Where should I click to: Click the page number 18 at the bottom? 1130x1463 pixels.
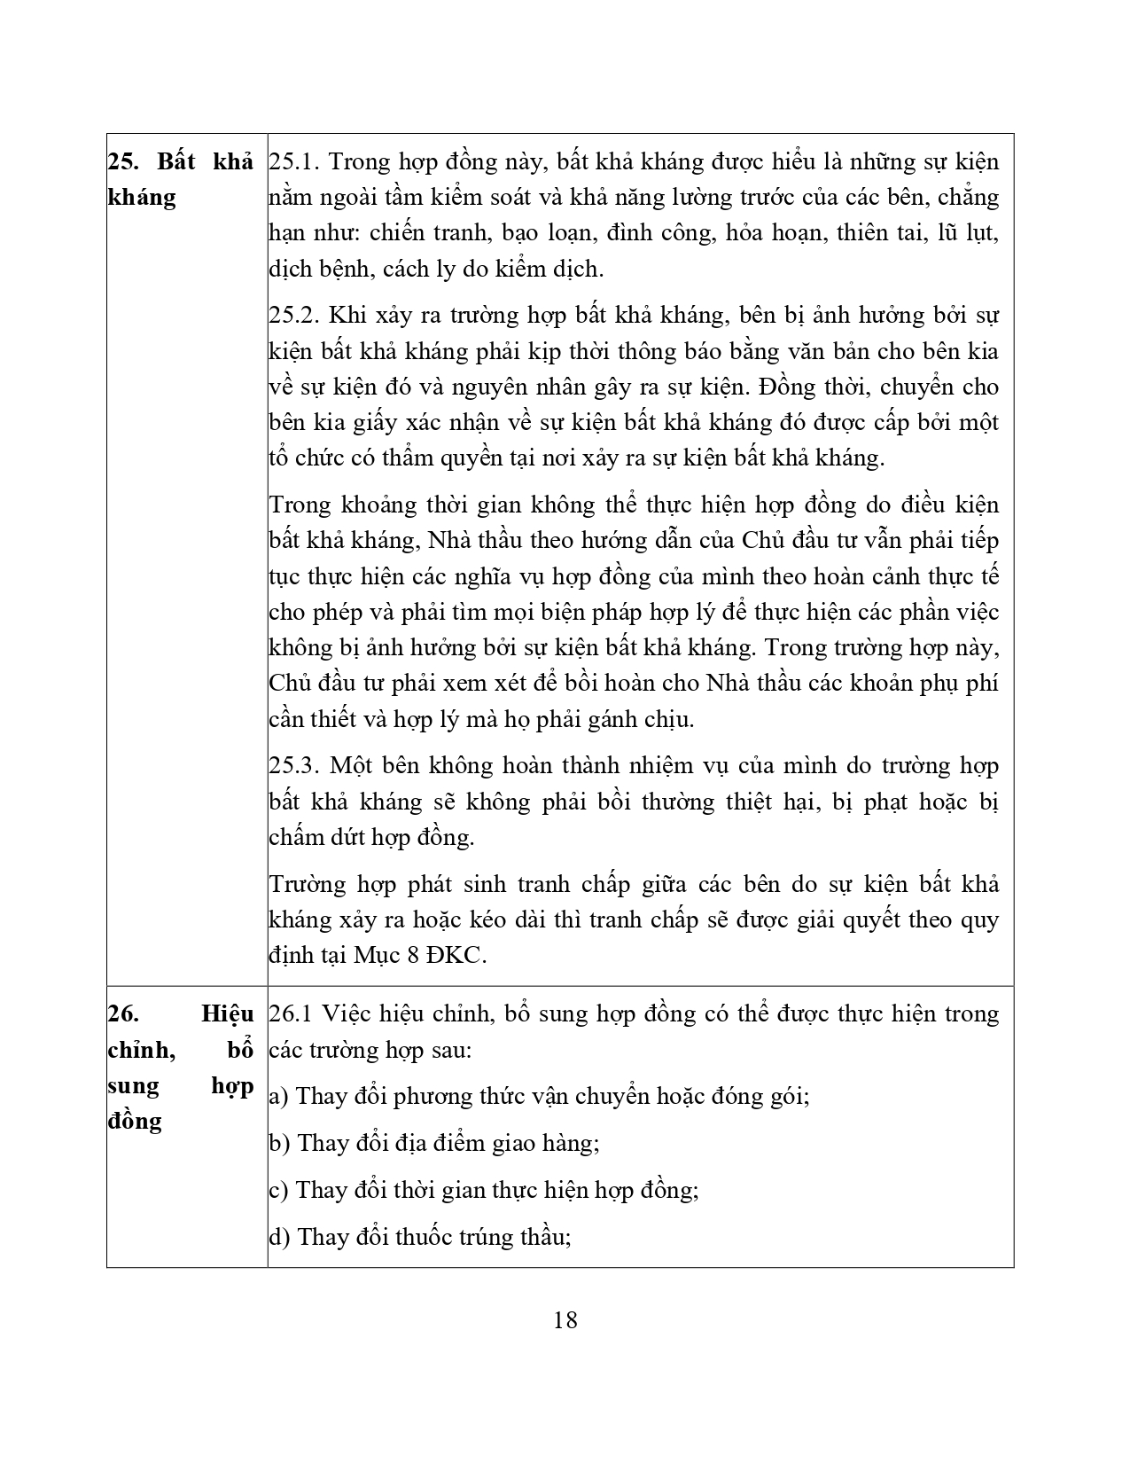[565, 1320]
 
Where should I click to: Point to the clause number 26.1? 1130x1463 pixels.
[291, 1013]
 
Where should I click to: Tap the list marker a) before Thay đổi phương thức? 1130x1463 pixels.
[279, 1097]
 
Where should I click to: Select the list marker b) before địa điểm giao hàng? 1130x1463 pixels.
[280, 1143]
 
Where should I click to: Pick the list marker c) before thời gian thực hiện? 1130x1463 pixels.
[279, 1190]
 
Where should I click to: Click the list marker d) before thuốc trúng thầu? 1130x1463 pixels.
[280, 1237]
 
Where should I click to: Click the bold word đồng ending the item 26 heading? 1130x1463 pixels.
[135, 1121]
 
